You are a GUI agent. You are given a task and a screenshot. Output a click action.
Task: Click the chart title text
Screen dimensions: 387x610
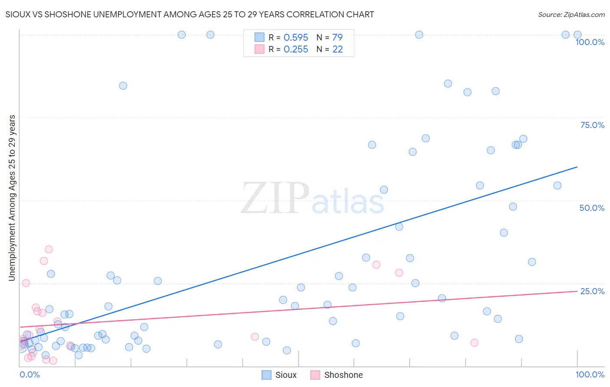click(x=190, y=14)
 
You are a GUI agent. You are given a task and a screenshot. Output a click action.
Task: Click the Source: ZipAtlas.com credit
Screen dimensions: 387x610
click(x=571, y=14)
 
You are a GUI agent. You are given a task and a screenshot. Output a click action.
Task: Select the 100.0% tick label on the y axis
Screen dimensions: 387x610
click(x=590, y=42)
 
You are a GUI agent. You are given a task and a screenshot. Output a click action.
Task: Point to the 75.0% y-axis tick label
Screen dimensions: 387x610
click(x=592, y=125)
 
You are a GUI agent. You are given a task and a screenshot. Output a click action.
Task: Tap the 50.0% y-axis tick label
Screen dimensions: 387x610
click(x=592, y=208)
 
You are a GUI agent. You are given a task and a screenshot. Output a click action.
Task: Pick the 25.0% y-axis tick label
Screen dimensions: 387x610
click(x=592, y=291)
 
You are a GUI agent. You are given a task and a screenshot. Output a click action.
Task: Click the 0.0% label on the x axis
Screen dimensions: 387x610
click(x=30, y=374)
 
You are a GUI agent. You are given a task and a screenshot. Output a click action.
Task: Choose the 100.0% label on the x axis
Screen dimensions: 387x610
click(x=590, y=374)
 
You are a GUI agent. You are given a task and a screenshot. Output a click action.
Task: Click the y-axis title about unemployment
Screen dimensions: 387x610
click(x=12, y=198)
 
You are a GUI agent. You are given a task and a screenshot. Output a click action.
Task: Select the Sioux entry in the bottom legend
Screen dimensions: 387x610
click(x=285, y=375)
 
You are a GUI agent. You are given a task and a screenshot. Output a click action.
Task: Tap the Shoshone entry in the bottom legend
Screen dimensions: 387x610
click(x=343, y=375)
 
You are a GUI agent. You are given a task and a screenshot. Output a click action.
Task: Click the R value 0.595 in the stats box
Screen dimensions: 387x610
click(x=296, y=38)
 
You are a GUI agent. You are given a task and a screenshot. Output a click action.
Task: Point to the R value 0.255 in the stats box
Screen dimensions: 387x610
click(x=296, y=49)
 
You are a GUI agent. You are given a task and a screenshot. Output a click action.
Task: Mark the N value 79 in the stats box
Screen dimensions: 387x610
click(x=338, y=38)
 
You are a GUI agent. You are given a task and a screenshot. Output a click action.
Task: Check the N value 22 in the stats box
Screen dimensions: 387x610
click(x=338, y=49)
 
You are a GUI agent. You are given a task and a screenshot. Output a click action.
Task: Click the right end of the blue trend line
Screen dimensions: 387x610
click(x=577, y=167)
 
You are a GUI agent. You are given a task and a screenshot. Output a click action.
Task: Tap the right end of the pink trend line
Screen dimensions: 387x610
click(x=577, y=291)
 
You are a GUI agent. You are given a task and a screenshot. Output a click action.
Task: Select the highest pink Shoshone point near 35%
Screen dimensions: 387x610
click(x=49, y=249)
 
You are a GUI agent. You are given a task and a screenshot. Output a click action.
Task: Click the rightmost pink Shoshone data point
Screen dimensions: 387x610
click(x=474, y=343)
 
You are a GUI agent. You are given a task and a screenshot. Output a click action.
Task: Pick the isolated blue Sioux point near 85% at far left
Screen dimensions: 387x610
click(x=123, y=85)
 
